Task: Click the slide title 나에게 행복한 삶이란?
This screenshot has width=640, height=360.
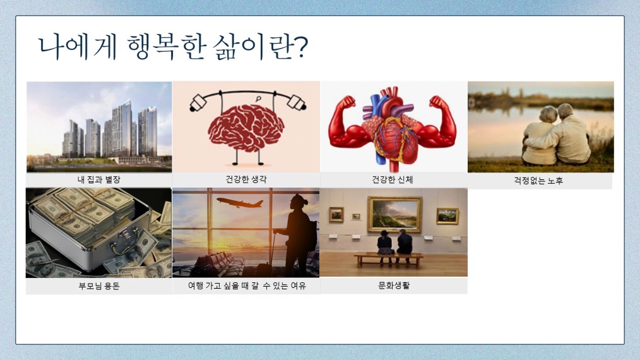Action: [x=173, y=47]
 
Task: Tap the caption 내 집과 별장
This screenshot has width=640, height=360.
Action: [x=98, y=179]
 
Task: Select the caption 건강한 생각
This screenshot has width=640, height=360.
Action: [x=246, y=179]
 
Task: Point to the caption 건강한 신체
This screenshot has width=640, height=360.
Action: [x=392, y=179]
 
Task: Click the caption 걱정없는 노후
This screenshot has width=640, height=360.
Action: [x=538, y=180]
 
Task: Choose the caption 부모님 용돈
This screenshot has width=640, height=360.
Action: [x=98, y=285]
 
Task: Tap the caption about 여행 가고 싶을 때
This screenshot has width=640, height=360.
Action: [x=247, y=285]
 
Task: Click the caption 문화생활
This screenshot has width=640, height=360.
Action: [x=394, y=285]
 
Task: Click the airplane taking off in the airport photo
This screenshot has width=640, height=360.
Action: [x=240, y=202]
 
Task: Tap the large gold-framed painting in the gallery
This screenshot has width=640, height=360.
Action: [x=394, y=215]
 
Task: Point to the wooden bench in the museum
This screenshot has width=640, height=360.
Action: [x=388, y=260]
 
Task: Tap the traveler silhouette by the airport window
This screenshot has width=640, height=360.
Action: [x=298, y=236]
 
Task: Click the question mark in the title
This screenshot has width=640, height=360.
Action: [x=300, y=47]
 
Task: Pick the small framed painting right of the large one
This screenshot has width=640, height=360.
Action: [x=447, y=216]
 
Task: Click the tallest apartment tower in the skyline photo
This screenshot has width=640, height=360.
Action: [x=122, y=128]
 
